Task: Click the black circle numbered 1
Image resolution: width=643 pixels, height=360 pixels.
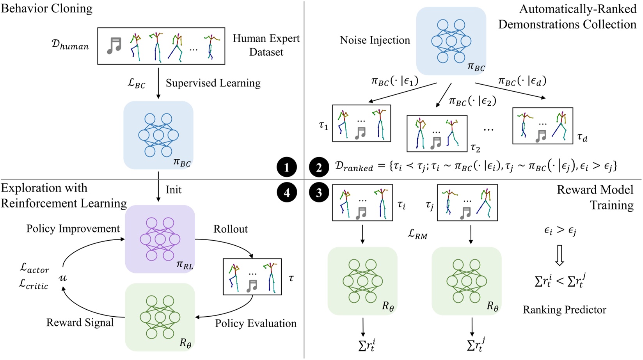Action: pyautogui.click(x=287, y=168)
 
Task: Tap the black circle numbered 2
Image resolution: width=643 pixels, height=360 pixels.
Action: pyautogui.click(x=319, y=168)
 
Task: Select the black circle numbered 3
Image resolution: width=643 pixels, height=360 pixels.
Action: pyautogui.click(x=319, y=193)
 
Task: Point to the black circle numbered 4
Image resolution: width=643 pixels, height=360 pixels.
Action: pyautogui.click(x=287, y=193)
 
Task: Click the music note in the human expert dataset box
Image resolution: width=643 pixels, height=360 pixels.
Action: pyautogui.click(x=114, y=46)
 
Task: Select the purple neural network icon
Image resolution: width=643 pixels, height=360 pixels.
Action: pyautogui.click(x=160, y=239)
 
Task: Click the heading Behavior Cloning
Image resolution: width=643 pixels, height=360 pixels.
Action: pyautogui.click(x=46, y=8)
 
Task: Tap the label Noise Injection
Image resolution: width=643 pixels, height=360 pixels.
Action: pyautogui.click(x=375, y=40)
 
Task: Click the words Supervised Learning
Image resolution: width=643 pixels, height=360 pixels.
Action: pyautogui.click(x=213, y=83)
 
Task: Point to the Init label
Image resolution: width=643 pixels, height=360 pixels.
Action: pyautogui.click(x=174, y=190)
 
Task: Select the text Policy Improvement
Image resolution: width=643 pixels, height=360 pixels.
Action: pyautogui.click(x=73, y=229)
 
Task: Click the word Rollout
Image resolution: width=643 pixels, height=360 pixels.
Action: pyautogui.click(x=230, y=229)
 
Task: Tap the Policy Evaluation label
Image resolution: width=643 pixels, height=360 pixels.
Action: pyautogui.click(x=256, y=323)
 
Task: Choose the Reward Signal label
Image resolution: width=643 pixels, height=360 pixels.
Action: pyautogui.click(x=80, y=323)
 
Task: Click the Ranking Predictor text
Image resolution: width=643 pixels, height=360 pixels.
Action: pyautogui.click(x=564, y=310)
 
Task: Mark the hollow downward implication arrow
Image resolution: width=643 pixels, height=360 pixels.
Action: pyautogui.click(x=560, y=255)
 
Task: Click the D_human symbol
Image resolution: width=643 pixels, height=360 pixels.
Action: pyautogui.click(x=70, y=45)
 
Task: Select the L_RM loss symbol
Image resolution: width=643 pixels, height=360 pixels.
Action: pyautogui.click(x=417, y=234)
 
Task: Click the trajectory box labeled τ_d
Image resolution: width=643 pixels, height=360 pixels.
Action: pyautogui.click(x=542, y=126)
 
